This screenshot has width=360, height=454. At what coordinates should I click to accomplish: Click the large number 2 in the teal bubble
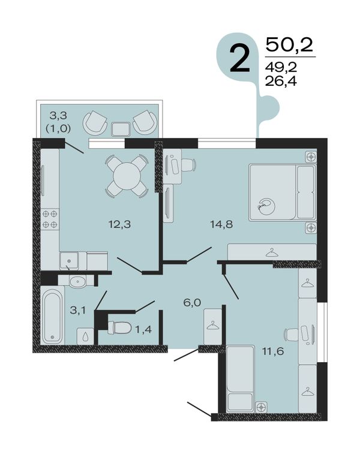pyautogui.click(x=239, y=59)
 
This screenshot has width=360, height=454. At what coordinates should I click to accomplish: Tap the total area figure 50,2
pyautogui.click(x=289, y=45)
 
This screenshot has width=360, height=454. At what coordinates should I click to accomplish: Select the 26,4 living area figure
pyautogui.click(x=281, y=82)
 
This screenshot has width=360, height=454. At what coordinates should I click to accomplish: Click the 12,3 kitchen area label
pyautogui.click(x=119, y=224)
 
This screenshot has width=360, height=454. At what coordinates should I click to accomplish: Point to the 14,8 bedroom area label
pyautogui.click(x=221, y=224)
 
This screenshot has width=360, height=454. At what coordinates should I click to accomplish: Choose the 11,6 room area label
pyautogui.click(x=273, y=351)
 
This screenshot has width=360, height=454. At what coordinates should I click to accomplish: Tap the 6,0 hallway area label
pyautogui.click(x=193, y=303)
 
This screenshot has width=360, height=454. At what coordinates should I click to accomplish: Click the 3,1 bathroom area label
pyautogui.click(x=78, y=311)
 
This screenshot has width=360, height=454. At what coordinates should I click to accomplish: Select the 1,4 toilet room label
pyautogui.click(x=144, y=329)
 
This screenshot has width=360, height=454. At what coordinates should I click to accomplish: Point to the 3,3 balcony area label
pyautogui.click(x=58, y=116)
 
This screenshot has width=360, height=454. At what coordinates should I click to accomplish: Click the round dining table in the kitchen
pyautogui.click(x=127, y=176)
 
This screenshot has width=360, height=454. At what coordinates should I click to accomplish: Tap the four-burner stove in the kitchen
pyautogui.click(x=50, y=219)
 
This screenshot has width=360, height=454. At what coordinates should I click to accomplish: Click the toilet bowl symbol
pyautogui.click(x=121, y=328)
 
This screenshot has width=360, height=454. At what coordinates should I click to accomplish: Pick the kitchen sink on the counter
pyautogui.click(x=69, y=261)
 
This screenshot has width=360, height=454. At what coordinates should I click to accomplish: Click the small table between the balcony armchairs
pyautogui.click(x=121, y=129)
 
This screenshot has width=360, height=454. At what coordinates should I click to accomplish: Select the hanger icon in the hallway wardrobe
pyautogui.click(x=213, y=325)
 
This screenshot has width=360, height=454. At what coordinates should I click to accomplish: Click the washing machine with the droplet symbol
pyautogui.click(x=85, y=336)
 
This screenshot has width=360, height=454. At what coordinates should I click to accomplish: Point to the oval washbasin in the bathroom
pyautogui.click(x=77, y=281)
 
